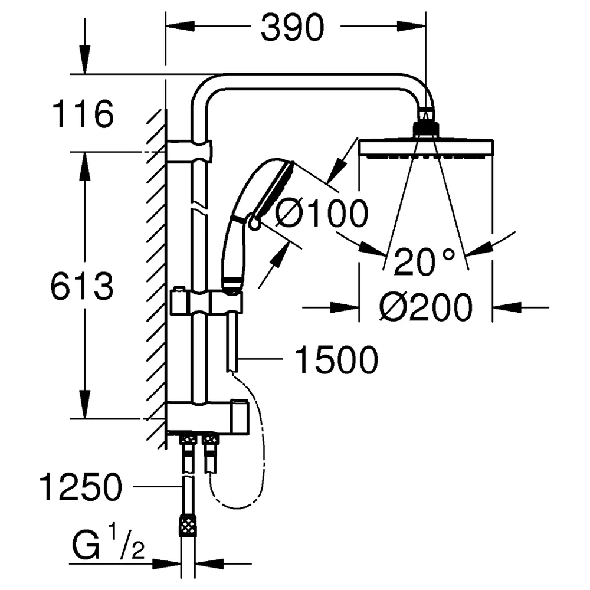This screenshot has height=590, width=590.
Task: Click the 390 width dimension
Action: point(293,27)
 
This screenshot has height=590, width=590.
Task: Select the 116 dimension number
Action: point(83,114)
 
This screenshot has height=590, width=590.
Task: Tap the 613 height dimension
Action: point(82,286)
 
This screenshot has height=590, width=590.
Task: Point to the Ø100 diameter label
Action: point(322,214)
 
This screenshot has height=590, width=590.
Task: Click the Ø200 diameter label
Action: point(425,307)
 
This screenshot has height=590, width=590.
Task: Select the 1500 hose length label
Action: point(336,360)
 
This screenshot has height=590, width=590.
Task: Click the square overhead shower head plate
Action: point(427,147)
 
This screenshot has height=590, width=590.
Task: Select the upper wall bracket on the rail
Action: point(189,152)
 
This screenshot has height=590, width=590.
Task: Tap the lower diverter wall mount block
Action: point(207,418)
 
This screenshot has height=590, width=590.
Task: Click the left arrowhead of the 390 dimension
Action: point(180,26)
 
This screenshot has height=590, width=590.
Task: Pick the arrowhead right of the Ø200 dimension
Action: point(507,307)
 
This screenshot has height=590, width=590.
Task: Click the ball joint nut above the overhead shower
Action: point(427,128)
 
